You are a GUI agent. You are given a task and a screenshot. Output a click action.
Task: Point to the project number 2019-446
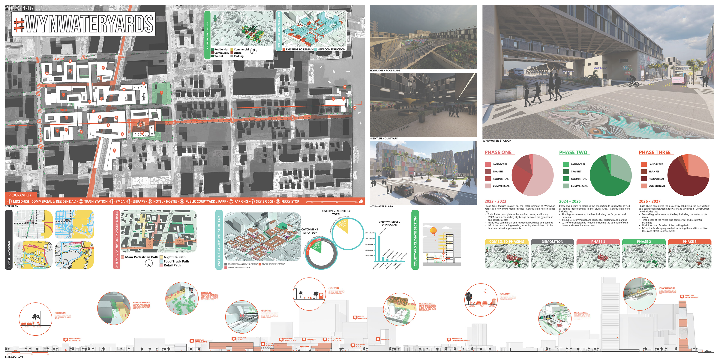pos(19,8)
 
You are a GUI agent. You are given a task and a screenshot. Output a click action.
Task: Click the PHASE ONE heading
pos(498,152)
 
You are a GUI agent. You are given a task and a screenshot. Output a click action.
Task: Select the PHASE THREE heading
pos(654,152)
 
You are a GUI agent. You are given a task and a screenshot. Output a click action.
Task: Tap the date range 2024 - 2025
pos(570,201)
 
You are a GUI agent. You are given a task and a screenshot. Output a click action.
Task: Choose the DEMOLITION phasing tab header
pos(552,241)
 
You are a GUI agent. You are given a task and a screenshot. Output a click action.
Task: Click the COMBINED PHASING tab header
pos(506,241)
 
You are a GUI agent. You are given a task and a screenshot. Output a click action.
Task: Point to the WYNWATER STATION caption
pos(497,141)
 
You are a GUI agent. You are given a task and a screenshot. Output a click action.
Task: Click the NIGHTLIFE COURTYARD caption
pos(384,139)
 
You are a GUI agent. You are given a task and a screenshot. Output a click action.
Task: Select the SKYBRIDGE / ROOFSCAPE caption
pos(385,71)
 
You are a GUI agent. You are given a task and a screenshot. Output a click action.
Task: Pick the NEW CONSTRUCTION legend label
pos(331,49)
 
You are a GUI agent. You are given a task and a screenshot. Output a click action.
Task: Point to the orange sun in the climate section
pos(433,231)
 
